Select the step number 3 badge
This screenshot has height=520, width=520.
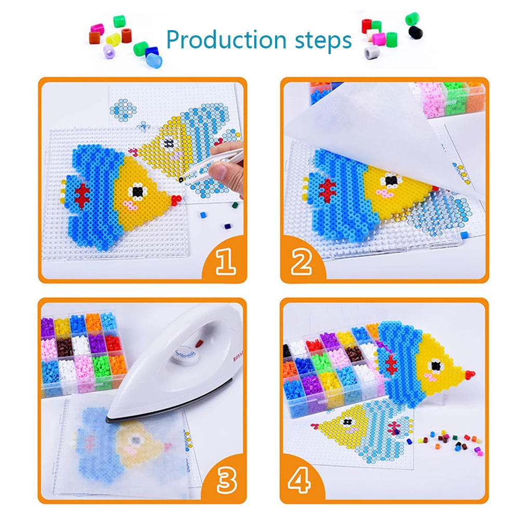coord(225,482)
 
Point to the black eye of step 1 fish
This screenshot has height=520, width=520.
coord(138,191)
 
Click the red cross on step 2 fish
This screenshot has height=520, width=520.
coord(327,190)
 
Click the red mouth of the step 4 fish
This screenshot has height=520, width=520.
coord(470,374)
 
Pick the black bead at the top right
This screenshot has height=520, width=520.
coord(414,32)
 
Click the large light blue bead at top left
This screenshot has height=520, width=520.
coord(151,60)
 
